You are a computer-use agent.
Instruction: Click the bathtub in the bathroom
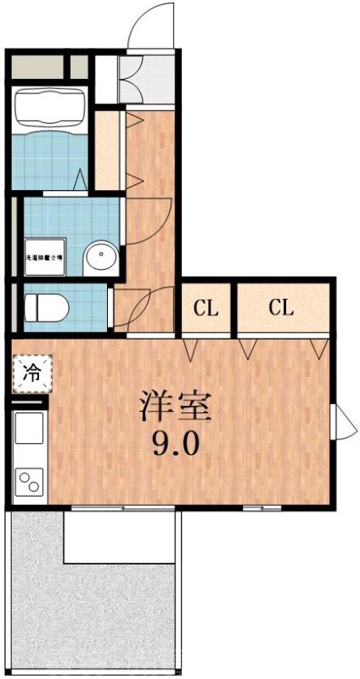point(50,104)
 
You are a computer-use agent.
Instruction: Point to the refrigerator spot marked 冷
point(31,373)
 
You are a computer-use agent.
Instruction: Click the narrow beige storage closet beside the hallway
point(108,149)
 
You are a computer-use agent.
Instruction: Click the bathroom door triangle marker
point(79,179)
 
